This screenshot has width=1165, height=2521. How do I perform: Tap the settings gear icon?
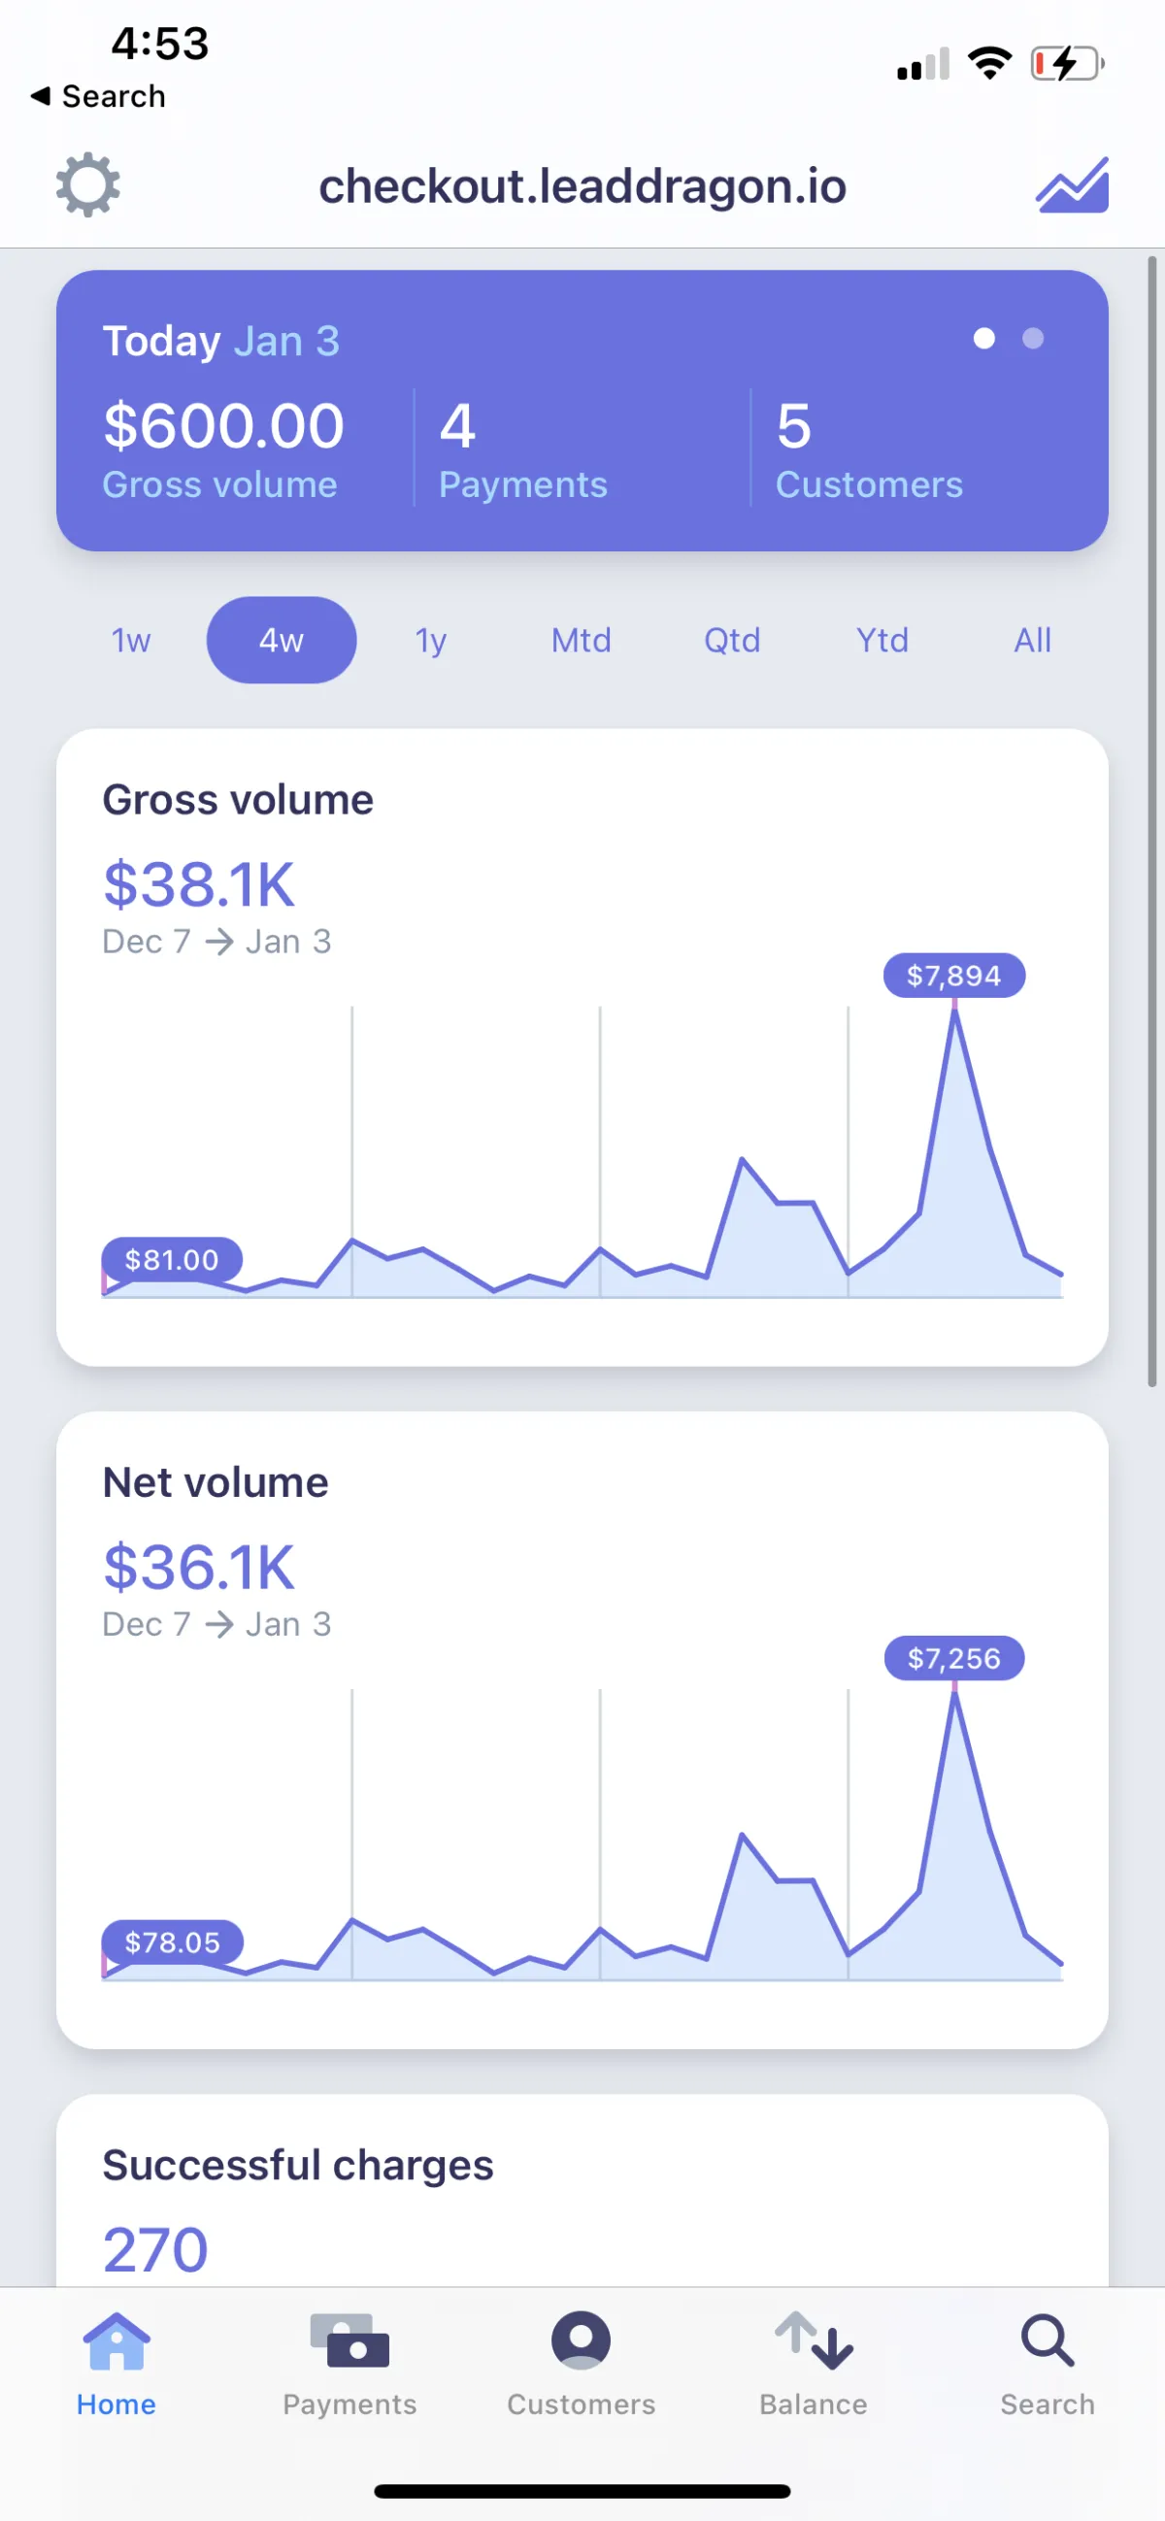point(88,184)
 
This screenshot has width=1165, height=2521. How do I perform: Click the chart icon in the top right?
point(1072,184)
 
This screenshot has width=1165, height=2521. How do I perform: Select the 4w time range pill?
point(281,640)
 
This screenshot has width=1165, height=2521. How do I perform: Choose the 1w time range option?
point(131,640)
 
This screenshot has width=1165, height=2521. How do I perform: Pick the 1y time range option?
point(431,640)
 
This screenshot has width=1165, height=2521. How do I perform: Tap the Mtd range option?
point(582,640)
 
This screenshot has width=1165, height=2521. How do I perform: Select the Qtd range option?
point(732,640)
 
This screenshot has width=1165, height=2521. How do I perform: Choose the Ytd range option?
point(882,640)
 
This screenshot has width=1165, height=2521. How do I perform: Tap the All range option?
point(1033,640)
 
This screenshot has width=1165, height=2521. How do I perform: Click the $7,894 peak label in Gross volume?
point(953,976)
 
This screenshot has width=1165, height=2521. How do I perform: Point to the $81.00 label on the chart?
point(172,1259)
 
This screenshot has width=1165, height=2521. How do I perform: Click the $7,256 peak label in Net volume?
point(953,1659)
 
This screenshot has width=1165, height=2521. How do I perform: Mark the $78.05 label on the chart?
point(172,1942)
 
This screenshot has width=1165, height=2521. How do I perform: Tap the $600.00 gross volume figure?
point(224,426)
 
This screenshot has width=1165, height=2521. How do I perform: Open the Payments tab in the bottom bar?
point(349,2363)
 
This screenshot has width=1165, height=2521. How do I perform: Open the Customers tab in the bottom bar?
point(582,2363)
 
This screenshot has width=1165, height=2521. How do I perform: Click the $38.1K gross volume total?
point(199,884)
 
